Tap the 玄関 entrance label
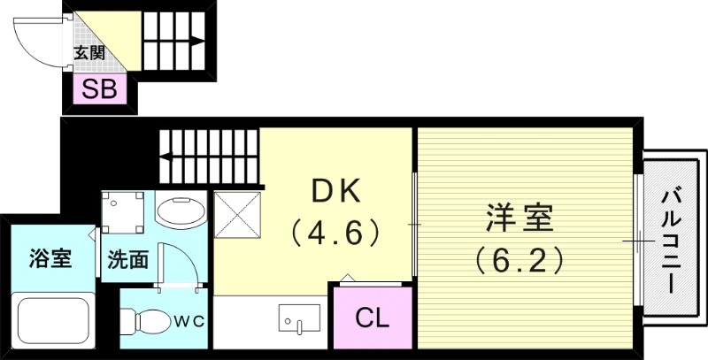point(88,53)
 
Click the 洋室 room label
point(519,218)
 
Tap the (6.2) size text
point(519,260)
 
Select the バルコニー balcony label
point(671,239)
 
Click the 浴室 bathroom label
point(50,260)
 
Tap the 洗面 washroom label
point(127,260)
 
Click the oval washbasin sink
point(181,212)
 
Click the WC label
point(194,319)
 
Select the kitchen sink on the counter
point(299,317)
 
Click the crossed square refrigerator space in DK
point(237,216)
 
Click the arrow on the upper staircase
point(196,40)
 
